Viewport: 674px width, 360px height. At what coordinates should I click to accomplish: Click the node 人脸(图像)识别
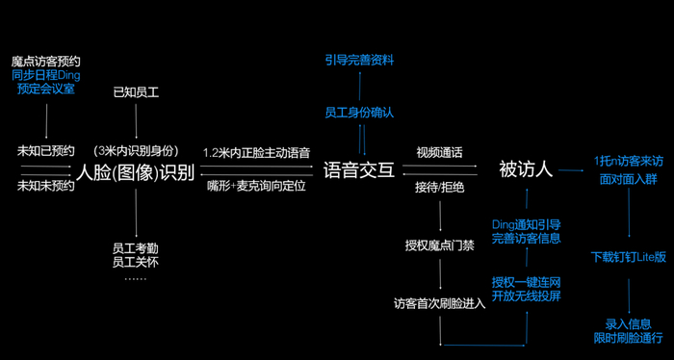136,172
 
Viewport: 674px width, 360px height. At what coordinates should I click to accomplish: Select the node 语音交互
359,171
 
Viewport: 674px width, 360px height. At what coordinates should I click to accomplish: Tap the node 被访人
526,170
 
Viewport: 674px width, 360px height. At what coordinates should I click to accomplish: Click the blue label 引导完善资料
359,61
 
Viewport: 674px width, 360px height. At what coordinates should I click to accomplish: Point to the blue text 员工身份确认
359,113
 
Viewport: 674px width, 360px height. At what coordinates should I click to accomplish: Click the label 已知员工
136,92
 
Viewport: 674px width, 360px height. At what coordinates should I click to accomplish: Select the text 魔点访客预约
46,61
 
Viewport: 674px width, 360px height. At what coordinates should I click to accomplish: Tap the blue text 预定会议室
46,89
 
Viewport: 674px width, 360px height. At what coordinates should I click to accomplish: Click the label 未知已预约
45,151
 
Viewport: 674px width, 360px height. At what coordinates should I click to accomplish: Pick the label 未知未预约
45,186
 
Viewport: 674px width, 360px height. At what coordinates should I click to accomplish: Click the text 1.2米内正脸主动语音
257,152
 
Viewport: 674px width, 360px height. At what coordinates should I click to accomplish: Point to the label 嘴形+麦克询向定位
256,187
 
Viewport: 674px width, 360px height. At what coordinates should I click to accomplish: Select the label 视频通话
440,152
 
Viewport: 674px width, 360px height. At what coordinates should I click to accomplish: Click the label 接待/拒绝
440,188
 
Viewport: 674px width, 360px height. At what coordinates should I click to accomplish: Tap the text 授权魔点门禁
440,245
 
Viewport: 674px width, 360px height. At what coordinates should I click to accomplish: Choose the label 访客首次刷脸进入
440,304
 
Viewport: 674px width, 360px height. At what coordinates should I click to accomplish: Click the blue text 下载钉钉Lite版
629,257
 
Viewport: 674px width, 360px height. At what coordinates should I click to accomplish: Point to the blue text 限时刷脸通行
628,338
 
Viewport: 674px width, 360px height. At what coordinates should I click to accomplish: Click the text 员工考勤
136,248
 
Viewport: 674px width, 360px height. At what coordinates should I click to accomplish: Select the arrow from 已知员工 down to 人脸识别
137,120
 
